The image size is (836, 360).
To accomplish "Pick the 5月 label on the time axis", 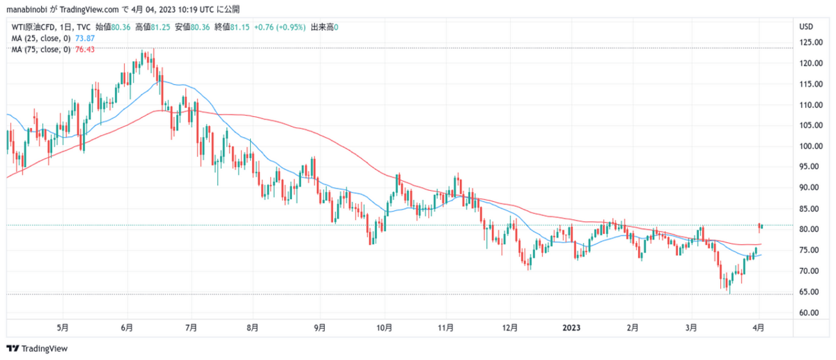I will pos(62,327).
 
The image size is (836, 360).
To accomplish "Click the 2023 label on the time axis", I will pos(572,327).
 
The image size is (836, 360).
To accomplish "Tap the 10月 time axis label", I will pos(385,327).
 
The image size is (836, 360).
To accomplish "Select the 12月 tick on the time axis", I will pos(510,327).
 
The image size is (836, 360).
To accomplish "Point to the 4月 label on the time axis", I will pos(759,327).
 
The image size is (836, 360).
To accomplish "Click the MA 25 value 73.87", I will pos(86,39).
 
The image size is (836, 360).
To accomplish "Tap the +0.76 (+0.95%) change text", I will pos(280,28).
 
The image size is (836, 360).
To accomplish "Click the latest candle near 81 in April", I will pos(760,225).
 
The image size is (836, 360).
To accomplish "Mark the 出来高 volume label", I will pos(322,28).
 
